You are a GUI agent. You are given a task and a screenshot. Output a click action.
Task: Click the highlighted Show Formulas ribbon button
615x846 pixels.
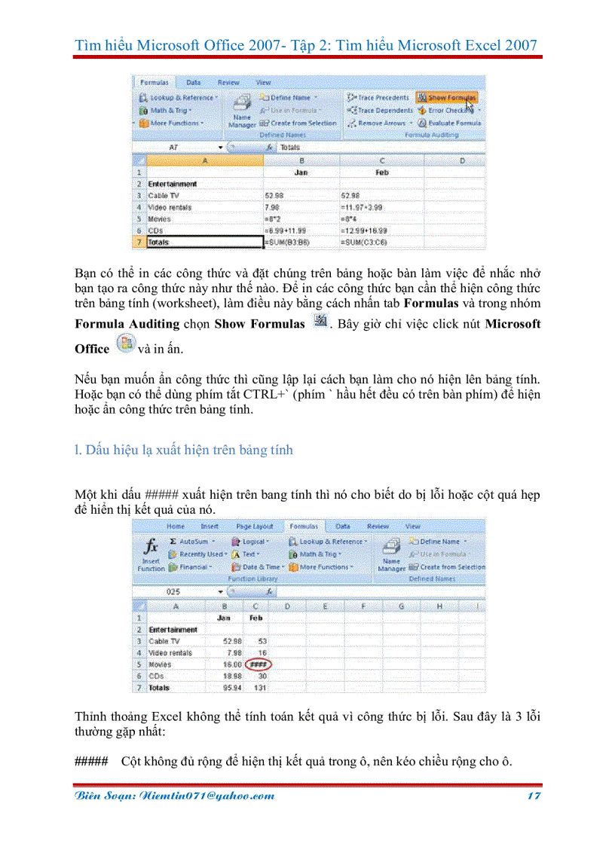[x=447, y=97]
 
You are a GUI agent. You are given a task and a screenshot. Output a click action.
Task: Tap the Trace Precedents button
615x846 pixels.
[x=378, y=97]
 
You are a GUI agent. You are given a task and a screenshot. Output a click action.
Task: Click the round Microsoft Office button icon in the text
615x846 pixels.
[x=124, y=347]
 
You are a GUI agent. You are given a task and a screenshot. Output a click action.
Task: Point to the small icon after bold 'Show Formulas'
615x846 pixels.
[x=320, y=322]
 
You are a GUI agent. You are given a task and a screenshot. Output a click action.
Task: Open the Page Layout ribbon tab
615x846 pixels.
[x=254, y=526]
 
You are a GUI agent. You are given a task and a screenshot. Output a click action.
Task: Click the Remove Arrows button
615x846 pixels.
[x=380, y=123]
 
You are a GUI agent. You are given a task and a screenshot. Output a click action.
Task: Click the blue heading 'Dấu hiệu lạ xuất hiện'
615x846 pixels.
[x=184, y=450]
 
